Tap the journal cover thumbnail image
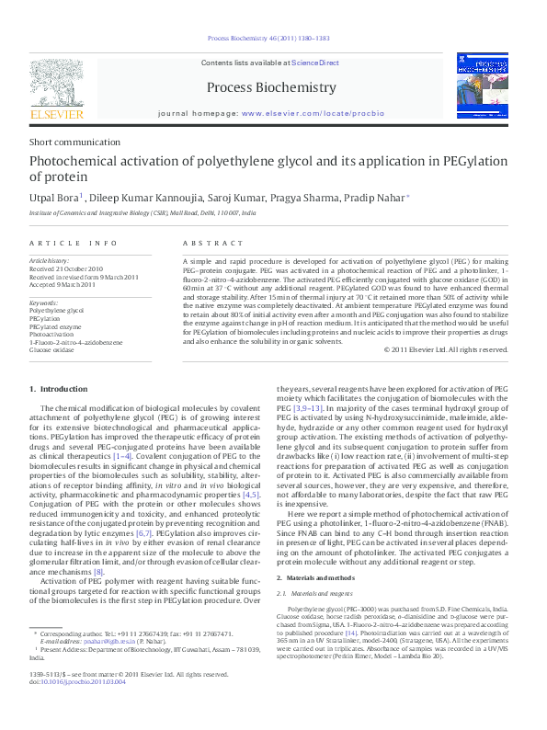[482, 85]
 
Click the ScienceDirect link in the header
[315, 63]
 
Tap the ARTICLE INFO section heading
[73, 243]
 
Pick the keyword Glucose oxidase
[52, 351]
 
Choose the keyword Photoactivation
[51, 335]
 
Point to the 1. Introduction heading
[59, 391]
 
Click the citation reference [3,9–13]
[309, 433]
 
